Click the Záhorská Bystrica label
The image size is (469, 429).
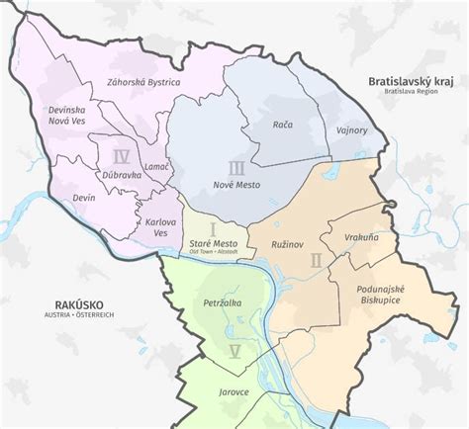point(142,83)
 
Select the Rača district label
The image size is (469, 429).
point(283,125)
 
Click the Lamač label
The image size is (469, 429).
point(158,169)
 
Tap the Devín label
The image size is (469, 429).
point(84,199)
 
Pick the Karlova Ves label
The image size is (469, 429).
point(163,227)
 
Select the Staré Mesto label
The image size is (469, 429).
point(212,242)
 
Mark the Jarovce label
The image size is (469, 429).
point(229,392)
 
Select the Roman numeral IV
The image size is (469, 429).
point(122,156)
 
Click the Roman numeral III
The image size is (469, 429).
point(235,167)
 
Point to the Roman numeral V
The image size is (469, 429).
point(234,352)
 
